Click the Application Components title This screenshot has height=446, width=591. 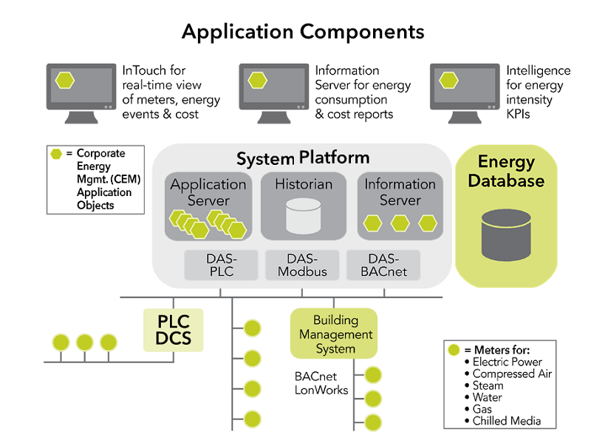pos(303,32)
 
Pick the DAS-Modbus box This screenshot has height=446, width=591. pos(302,265)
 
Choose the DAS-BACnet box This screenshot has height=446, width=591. pos(382,265)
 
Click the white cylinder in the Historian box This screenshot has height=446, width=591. pos(303,215)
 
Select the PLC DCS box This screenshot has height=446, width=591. pos(173,330)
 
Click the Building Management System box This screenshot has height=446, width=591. pos(335,334)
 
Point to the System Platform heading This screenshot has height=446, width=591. pos(303,158)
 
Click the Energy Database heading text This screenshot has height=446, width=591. pos(505,171)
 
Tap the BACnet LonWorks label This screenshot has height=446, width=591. pos(321,383)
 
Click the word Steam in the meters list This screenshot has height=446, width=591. pos(488,385)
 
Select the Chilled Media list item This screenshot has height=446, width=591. pos(507,421)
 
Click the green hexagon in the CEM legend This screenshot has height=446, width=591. pos(56,154)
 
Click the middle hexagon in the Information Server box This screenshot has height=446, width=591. pos(400,222)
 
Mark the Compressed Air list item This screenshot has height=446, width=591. pos(512,374)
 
